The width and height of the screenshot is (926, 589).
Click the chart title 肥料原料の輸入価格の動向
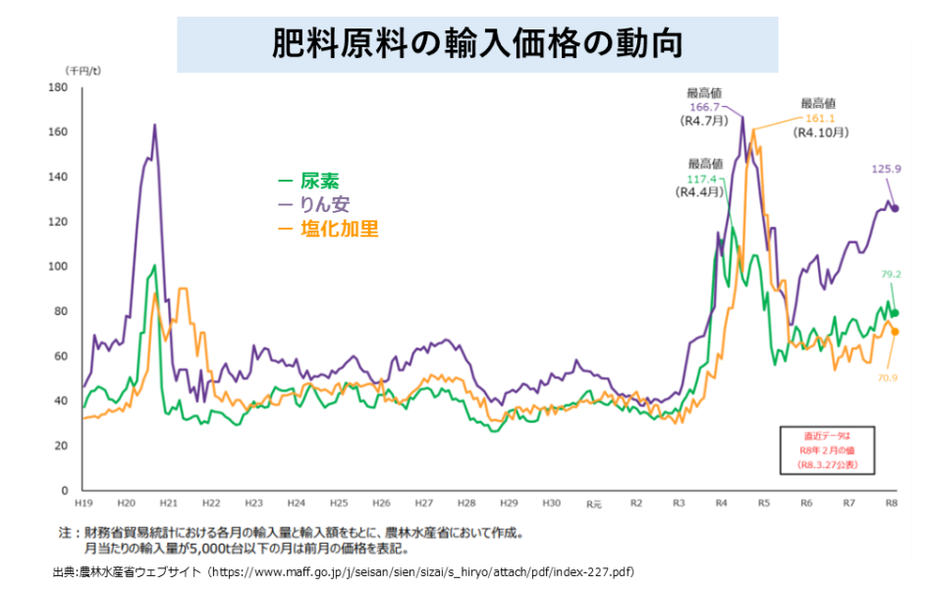pyautogui.click(x=477, y=44)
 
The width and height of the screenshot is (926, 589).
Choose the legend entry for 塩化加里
pyautogui.click(x=328, y=229)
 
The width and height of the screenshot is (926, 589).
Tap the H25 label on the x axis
pyautogui.click(x=338, y=503)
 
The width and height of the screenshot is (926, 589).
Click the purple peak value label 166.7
pyautogui.click(x=703, y=107)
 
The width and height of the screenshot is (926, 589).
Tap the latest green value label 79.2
pyautogui.click(x=892, y=275)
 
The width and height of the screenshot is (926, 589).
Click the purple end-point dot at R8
pyautogui.click(x=895, y=208)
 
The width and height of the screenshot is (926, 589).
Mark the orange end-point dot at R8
pyautogui.click(x=895, y=332)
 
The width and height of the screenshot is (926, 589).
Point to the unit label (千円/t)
pyautogui.click(x=83, y=71)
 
